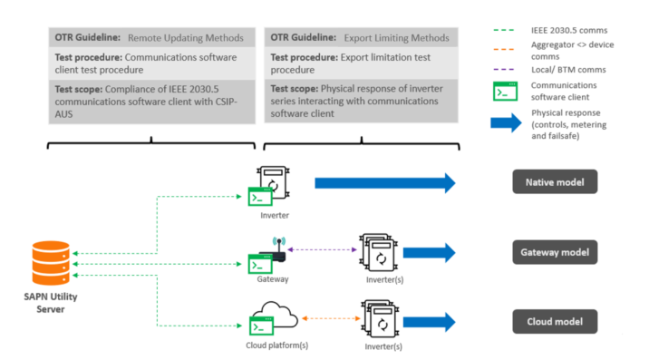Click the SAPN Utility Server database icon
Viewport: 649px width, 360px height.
pos(51,266)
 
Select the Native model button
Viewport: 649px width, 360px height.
pos(554,182)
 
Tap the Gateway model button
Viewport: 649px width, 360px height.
pos(554,252)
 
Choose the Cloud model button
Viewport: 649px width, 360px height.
pos(554,321)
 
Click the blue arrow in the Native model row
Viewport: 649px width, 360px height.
pos(384,183)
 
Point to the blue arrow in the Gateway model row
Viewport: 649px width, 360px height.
pos(429,253)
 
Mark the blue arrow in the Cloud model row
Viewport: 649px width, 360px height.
pos(429,323)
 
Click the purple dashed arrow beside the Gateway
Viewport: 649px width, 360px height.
pos(318,249)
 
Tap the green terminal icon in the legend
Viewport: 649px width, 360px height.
pos(505,92)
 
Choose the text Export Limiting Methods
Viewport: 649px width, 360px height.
pos(396,38)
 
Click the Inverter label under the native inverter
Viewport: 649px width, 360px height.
pos(273,214)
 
